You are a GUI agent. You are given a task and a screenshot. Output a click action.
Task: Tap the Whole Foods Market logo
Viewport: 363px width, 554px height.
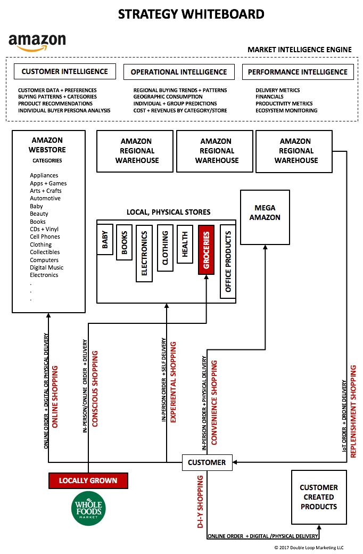88,508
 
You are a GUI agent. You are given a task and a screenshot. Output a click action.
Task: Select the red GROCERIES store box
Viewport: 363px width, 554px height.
206,250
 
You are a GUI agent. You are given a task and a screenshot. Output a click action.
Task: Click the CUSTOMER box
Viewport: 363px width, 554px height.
207,462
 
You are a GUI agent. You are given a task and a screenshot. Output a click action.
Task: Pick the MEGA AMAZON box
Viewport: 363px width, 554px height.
265,217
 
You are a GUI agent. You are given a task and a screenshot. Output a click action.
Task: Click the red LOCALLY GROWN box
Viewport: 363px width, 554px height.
88,480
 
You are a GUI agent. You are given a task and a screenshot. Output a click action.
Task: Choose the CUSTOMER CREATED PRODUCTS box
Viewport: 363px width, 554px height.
319,497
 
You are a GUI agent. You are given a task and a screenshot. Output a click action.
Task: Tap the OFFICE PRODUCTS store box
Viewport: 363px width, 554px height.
228,262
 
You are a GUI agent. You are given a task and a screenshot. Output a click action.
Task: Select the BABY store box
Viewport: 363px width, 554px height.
105,240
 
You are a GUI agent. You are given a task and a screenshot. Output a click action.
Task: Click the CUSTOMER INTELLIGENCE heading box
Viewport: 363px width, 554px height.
65,71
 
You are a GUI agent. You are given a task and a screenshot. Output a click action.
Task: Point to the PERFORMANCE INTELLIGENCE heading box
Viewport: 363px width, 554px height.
298,72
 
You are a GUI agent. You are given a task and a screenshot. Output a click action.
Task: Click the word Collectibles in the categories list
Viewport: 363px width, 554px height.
45,252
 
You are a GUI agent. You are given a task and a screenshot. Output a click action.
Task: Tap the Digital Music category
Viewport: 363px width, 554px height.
47,267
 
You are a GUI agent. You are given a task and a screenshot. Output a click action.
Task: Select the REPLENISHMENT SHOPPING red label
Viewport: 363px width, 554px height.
353,412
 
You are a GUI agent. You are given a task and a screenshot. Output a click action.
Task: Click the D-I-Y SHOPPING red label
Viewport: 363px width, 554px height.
200,502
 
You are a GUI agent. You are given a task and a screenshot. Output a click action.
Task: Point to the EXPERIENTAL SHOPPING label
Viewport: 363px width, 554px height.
173,382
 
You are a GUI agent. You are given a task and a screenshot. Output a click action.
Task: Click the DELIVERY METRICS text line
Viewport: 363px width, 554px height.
277,91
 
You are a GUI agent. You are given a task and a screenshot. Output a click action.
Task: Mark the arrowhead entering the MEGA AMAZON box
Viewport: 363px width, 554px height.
265,247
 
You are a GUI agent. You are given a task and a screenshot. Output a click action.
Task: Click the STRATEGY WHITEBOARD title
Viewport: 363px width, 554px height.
191,14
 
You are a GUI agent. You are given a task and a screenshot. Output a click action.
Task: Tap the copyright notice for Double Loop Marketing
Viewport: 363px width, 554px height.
309,548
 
